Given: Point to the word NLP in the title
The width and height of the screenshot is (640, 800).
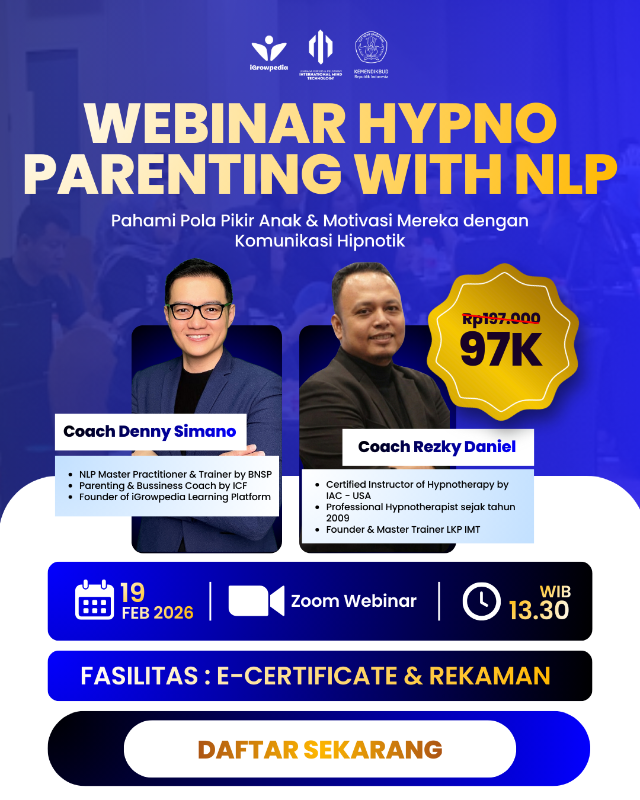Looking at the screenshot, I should click(566, 174).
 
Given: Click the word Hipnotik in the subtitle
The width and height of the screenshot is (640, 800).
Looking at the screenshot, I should click(371, 241).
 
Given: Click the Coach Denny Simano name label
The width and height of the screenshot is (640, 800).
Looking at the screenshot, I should click(150, 431).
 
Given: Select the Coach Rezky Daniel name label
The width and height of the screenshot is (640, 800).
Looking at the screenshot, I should click(437, 447).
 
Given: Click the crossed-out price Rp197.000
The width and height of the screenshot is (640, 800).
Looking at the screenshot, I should click(501, 319).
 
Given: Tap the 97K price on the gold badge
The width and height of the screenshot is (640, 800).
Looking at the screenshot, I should click(501, 350).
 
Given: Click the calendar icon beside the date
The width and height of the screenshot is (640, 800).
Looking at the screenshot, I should click(95, 600).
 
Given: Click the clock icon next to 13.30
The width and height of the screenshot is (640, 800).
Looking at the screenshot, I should click(481, 601).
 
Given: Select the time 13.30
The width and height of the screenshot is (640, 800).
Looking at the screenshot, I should click(539, 610).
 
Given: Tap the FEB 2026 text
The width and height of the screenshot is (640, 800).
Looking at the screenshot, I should click(158, 613).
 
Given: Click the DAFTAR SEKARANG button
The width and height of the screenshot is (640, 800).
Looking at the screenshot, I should click(320, 749).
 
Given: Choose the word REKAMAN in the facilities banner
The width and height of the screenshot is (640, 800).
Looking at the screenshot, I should click(489, 676).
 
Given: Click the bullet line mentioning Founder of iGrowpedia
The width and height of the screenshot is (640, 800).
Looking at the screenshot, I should click(175, 497).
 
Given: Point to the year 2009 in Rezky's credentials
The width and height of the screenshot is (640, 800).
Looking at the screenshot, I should click(338, 518).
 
